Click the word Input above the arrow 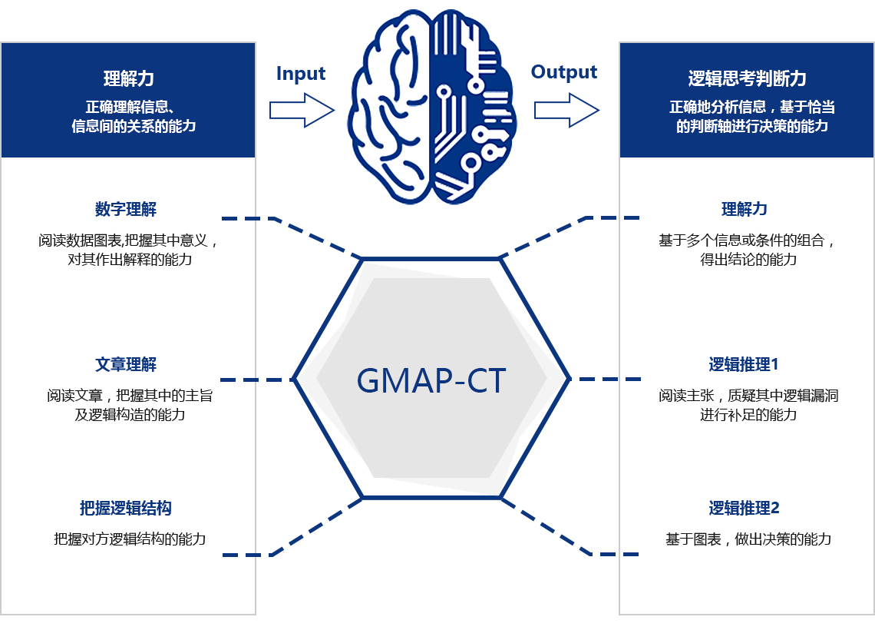(301, 74)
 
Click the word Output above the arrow (563, 72)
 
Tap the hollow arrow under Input (302, 110)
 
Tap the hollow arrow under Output (566, 110)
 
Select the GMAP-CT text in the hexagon (431, 381)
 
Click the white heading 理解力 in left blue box (128, 78)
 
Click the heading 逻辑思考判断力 (747, 78)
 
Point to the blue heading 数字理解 (126, 210)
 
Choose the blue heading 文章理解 (126, 365)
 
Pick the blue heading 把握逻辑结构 (126, 509)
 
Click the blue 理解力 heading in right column (745, 210)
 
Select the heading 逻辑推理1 (743, 365)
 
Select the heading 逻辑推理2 (744, 509)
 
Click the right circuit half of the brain (472, 106)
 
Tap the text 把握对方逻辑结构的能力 (130, 539)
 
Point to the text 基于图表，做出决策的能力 (748, 539)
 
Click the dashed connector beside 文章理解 (257, 380)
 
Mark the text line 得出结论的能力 (748, 260)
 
